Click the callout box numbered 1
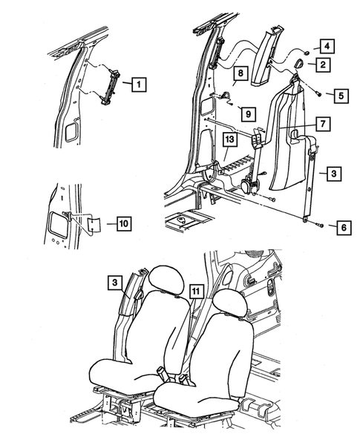(137, 85)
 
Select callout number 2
(324, 66)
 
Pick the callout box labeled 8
(240, 73)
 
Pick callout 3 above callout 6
(335, 174)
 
